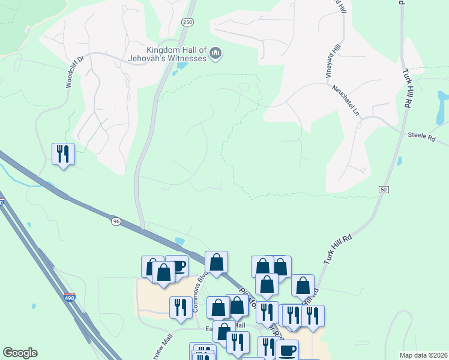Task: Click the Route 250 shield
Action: (x=187, y=22)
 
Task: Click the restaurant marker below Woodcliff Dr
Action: (x=63, y=154)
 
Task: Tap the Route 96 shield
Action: (x=116, y=221)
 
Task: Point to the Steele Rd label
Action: (x=421, y=137)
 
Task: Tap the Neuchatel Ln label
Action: (x=347, y=100)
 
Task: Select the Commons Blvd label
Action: (x=198, y=293)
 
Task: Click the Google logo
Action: (x=20, y=353)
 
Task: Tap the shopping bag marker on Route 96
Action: (x=216, y=262)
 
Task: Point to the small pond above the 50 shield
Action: (x=399, y=161)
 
